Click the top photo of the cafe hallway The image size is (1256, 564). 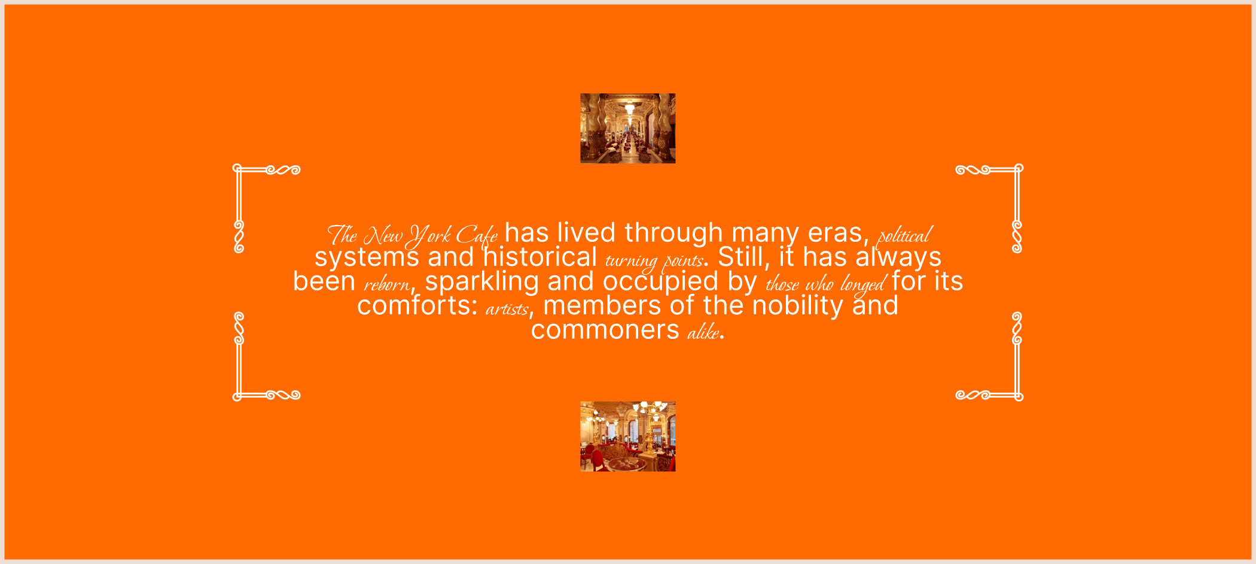tap(627, 128)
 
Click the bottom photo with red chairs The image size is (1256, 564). tap(627, 436)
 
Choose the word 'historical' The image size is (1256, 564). tap(540, 257)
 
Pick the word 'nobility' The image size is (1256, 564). tap(798, 306)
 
